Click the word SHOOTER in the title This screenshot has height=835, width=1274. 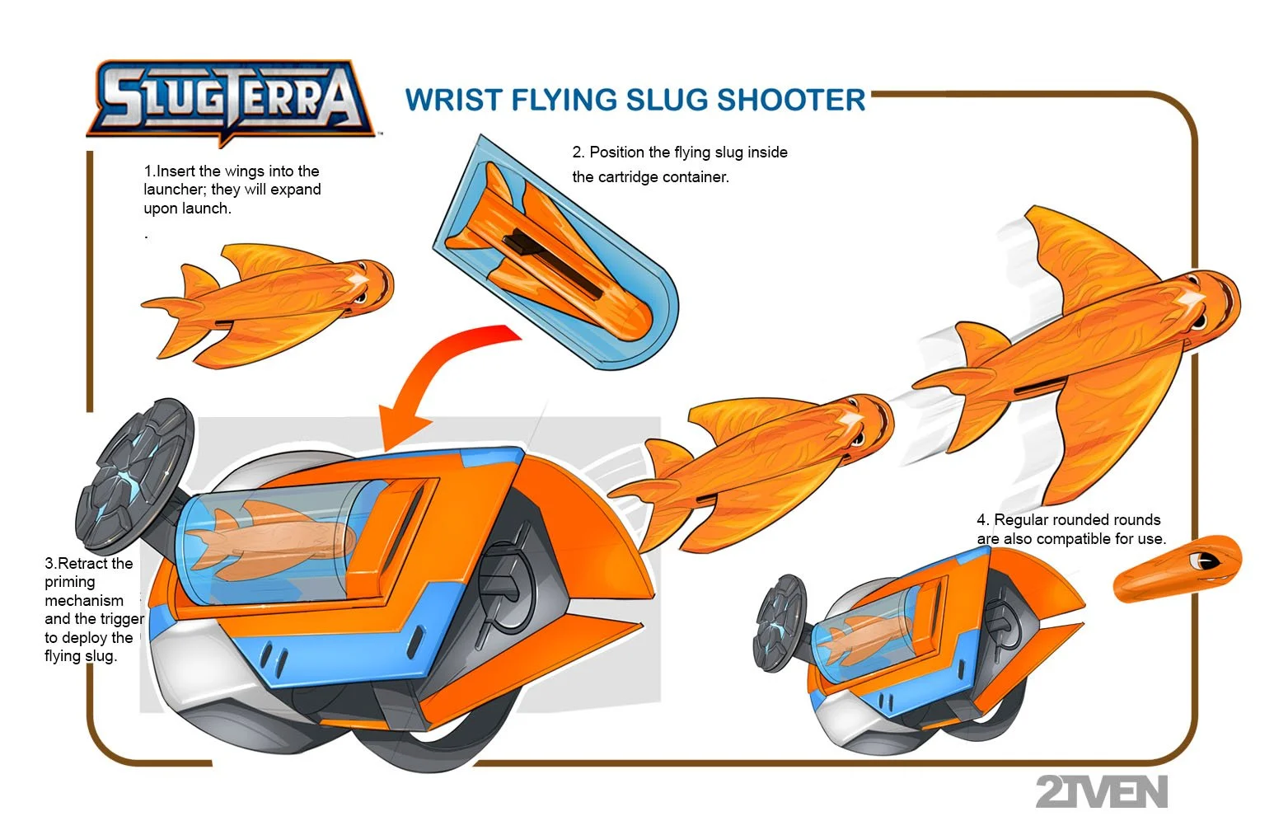[791, 100]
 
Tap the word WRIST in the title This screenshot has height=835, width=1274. [453, 100]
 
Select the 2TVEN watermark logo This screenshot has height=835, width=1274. [1101, 792]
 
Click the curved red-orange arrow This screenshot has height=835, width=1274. [445, 371]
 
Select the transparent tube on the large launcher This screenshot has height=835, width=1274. [272, 540]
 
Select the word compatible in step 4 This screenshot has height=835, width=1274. [1073, 539]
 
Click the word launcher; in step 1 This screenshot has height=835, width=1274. [175, 190]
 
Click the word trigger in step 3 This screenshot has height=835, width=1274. [122, 619]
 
